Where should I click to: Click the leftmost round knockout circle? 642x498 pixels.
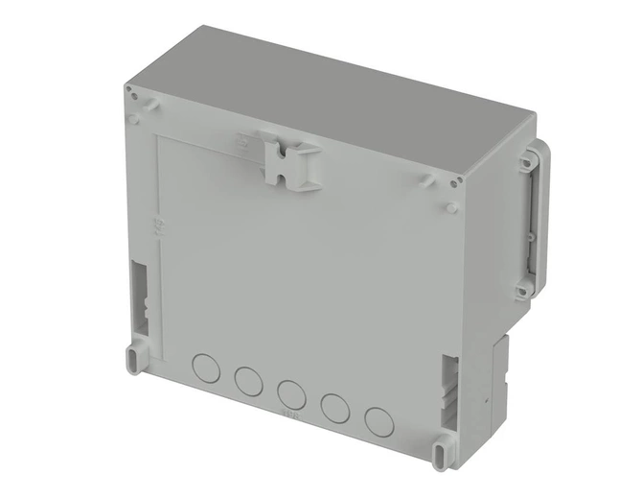[205, 366]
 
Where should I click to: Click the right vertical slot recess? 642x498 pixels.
[450, 388]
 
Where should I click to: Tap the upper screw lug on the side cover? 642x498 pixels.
[525, 164]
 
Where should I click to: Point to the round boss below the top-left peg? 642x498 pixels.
[136, 120]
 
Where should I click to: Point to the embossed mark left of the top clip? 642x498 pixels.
[241, 140]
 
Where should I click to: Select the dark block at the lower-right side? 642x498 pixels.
[500, 374]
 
